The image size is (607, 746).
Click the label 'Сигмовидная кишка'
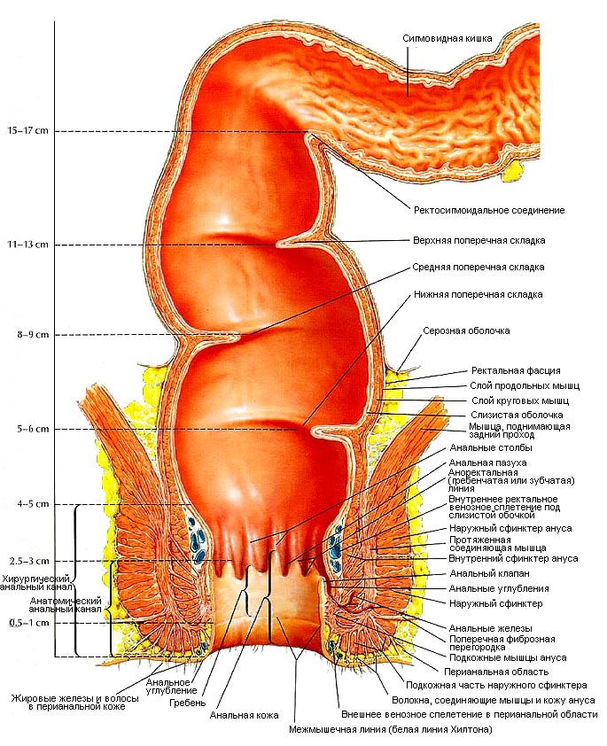pyautogui.click(x=447, y=38)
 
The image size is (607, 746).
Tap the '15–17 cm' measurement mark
pyautogui.click(x=27, y=131)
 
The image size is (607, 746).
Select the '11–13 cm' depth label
pyautogui.click(x=27, y=245)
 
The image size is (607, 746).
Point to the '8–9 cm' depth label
pyautogui.click(x=33, y=335)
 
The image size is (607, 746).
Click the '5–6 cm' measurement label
pyautogui.click(x=33, y=429)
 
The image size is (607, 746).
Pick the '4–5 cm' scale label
pyautogui.click(x=33, y=504)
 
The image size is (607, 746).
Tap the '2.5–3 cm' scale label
pyautogui.click(x=29, y=561)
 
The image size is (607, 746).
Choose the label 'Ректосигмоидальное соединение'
pyautogui.click(x=489, y=210)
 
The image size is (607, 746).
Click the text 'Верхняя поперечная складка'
pyautogui.click(x=479, y=240)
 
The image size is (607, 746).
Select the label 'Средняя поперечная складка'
pyautogui.click(x=479, y=268)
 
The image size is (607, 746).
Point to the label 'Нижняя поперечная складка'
pyautogui.click(x=479, y=294)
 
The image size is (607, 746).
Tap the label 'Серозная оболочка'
pyautogui.click(x=466, y=330)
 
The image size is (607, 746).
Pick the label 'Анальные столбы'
pyautogui.click(x=491, y=447)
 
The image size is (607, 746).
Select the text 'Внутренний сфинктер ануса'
pyautogui.click(x=513, y=558)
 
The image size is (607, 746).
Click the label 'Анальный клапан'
pyautogui.click(x=489, y=574)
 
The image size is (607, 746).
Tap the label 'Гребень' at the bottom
pyautogui.click(x=188, y=703)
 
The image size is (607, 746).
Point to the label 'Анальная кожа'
pyautogui.click(x=244, y=715)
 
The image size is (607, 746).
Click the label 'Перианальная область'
pyautogui.click(x=496, y=672)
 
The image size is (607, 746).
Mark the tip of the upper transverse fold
pyautogui.click(x=277, y=244)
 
